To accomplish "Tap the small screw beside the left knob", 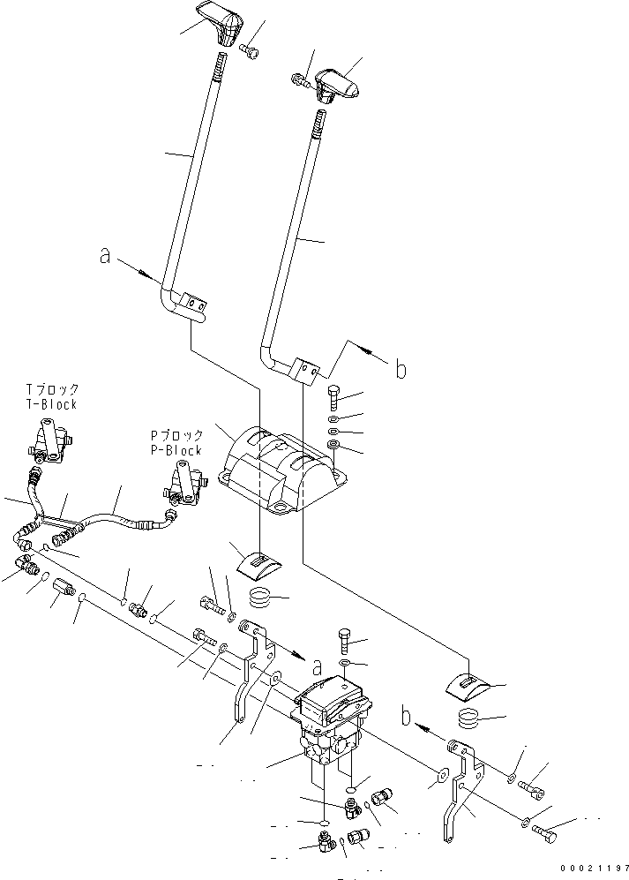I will (250, 52).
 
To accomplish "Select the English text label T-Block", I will (51, 405).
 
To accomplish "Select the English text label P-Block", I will (176, 449).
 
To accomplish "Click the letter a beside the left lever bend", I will (105, 257).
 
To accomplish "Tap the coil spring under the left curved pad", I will (261, 599).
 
